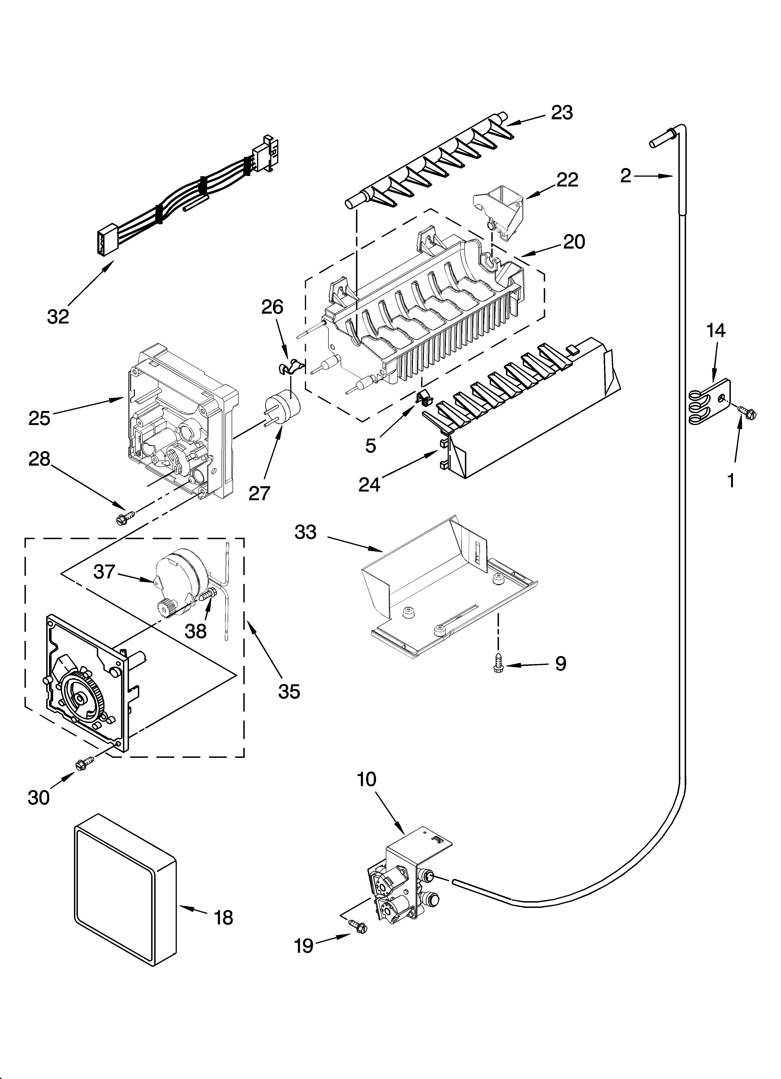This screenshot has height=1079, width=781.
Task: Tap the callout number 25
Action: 39,419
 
